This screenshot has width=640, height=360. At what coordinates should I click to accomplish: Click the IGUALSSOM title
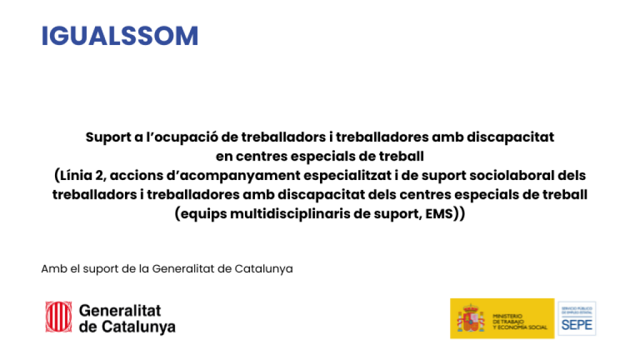tap(119, 36)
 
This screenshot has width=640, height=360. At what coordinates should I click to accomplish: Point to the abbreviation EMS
tap(439, 213)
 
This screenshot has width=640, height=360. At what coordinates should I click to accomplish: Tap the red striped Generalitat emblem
tap(58, 317)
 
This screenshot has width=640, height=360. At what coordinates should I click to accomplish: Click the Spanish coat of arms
tap(471, 319)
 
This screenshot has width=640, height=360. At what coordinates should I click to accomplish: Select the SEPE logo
tap(576, 319)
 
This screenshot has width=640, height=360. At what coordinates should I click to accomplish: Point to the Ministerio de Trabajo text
tap(519, 321)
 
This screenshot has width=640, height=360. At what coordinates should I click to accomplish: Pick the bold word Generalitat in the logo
tap(120, 311)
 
